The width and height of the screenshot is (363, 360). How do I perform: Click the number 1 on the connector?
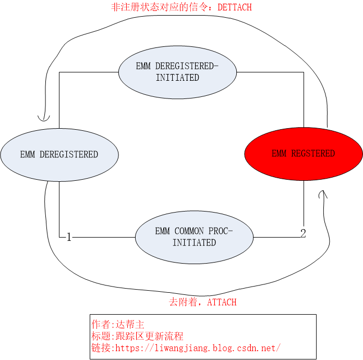tap(68, 238)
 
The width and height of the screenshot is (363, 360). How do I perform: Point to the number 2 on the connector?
tap(303, 233)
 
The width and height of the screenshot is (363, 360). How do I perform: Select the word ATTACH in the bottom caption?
tap(222, 302)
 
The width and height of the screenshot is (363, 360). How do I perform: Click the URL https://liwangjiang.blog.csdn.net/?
tap(198, 348)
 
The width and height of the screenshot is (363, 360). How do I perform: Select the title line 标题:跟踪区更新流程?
tap(137, 336)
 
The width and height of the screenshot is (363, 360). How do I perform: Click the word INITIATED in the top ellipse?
tap(177, 78)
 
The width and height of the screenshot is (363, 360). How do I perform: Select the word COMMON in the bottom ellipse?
tap(190, 231)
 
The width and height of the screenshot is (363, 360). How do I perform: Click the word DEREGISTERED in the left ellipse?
tap(68, 154)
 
